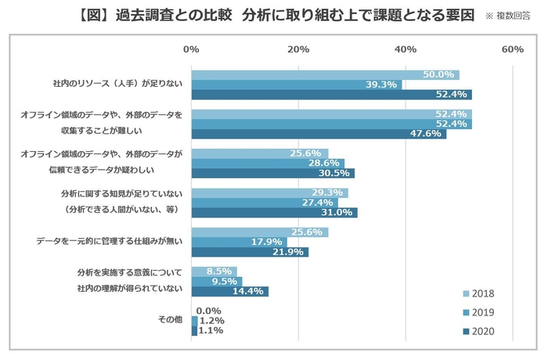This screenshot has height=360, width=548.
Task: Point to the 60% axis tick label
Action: point(512,49)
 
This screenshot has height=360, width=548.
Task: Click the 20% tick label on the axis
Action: point(297,49)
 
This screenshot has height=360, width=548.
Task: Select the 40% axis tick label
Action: point(405,49)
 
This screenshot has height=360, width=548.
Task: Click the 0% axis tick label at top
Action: point(190,49)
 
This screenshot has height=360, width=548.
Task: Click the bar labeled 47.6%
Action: point(318,134)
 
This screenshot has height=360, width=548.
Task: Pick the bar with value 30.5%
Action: point(272,173)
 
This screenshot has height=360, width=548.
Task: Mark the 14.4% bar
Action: point(229,291)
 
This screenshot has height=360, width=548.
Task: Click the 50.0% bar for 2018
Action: point(325,75)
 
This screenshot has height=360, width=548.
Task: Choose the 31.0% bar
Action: point(273,212)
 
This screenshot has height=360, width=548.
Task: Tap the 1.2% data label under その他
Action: point(212,321)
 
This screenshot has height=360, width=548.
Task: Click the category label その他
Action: point(169,320)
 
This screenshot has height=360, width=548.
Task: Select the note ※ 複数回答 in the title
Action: point(507,16)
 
